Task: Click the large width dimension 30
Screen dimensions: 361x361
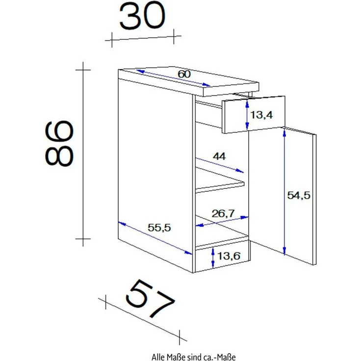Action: point(143,16)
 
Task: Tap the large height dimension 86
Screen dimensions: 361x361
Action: point(59,143)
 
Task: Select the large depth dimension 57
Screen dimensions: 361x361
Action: point(150,299)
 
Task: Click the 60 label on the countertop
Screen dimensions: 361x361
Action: point(184,74)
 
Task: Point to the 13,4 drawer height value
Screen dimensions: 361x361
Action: point(261,115)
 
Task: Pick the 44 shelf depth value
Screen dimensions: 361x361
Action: point(219,156)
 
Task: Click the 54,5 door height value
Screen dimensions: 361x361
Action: point(299,196)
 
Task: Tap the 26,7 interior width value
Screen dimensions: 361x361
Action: point(223,214)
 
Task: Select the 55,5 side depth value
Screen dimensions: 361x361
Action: point(159,228)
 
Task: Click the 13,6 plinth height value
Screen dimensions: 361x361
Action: point(229,256)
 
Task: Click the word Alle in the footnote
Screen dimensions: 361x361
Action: point(157,357)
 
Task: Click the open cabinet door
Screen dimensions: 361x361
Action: point(299,196)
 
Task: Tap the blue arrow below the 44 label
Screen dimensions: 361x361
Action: point(219,165)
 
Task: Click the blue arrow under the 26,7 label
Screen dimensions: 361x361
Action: point(222,221)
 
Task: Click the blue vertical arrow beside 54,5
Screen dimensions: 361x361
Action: point(284,192)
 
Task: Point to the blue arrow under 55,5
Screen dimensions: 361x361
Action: point(155,238)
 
